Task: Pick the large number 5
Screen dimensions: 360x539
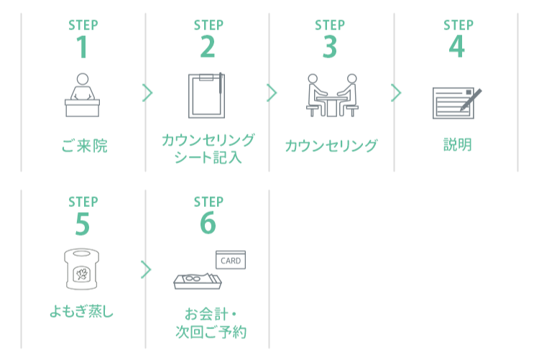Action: point(83,224)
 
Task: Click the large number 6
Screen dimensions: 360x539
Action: point(208,224)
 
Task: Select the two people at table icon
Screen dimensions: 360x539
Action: point(331,96)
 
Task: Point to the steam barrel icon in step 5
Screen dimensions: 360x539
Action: point(81,271)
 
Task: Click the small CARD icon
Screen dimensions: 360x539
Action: point(231,259)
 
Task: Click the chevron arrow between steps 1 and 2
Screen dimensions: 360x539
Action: point(147,93)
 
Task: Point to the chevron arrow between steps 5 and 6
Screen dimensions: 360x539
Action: point(147,269)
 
